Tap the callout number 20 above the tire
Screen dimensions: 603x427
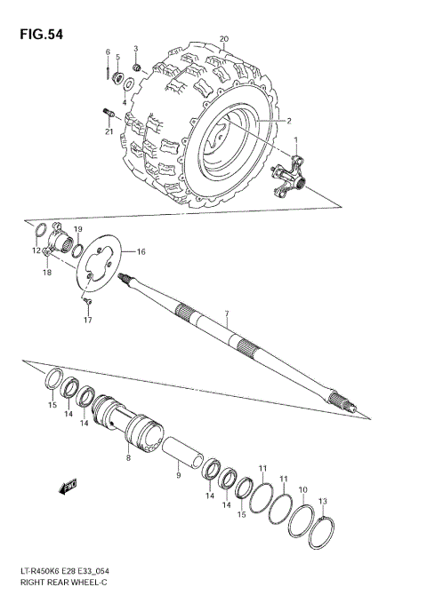(x=224, y=39)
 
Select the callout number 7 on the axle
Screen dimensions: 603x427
(x=227, y=314)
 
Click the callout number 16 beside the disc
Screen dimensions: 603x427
(x=141, y=252)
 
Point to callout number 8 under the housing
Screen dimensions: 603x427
(x=128, y=458)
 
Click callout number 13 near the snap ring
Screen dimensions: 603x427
(x=323, y=501)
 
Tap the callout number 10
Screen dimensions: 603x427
(x=302, y=490)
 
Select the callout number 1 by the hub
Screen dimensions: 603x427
(x=296, y=139)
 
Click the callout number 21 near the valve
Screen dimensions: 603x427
(x=108, y=132)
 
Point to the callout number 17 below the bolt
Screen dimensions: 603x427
(x=88, y=321)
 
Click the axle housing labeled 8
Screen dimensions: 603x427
(x=129, y=422)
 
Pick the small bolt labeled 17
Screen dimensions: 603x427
(x=87, y=304)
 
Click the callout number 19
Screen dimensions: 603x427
(x=77, y=230)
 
